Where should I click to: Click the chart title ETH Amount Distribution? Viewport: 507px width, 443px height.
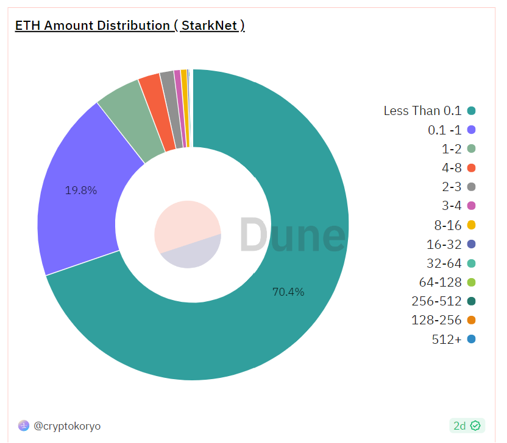click(130, 26)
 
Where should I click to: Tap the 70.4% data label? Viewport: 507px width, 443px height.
click(288, 292)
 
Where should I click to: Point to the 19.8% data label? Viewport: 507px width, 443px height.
click(81, 190)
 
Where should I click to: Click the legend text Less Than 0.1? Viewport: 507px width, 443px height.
click(422, 111)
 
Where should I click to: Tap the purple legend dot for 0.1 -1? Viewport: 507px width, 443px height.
click(471, 130)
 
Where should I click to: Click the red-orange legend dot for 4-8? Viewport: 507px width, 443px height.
click(471, 168)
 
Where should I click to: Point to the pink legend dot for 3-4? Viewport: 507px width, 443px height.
click(471, 206)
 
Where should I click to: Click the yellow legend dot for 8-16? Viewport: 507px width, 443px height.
click(471, 225)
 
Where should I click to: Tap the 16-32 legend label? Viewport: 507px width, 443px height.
click(444, 244)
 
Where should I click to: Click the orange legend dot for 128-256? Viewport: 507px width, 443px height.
click(471, 320)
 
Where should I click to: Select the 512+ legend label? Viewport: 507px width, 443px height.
click(447, 339)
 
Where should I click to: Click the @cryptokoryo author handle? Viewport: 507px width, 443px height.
click(67, 426)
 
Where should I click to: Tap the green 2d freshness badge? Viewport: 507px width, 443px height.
click(467, 425)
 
